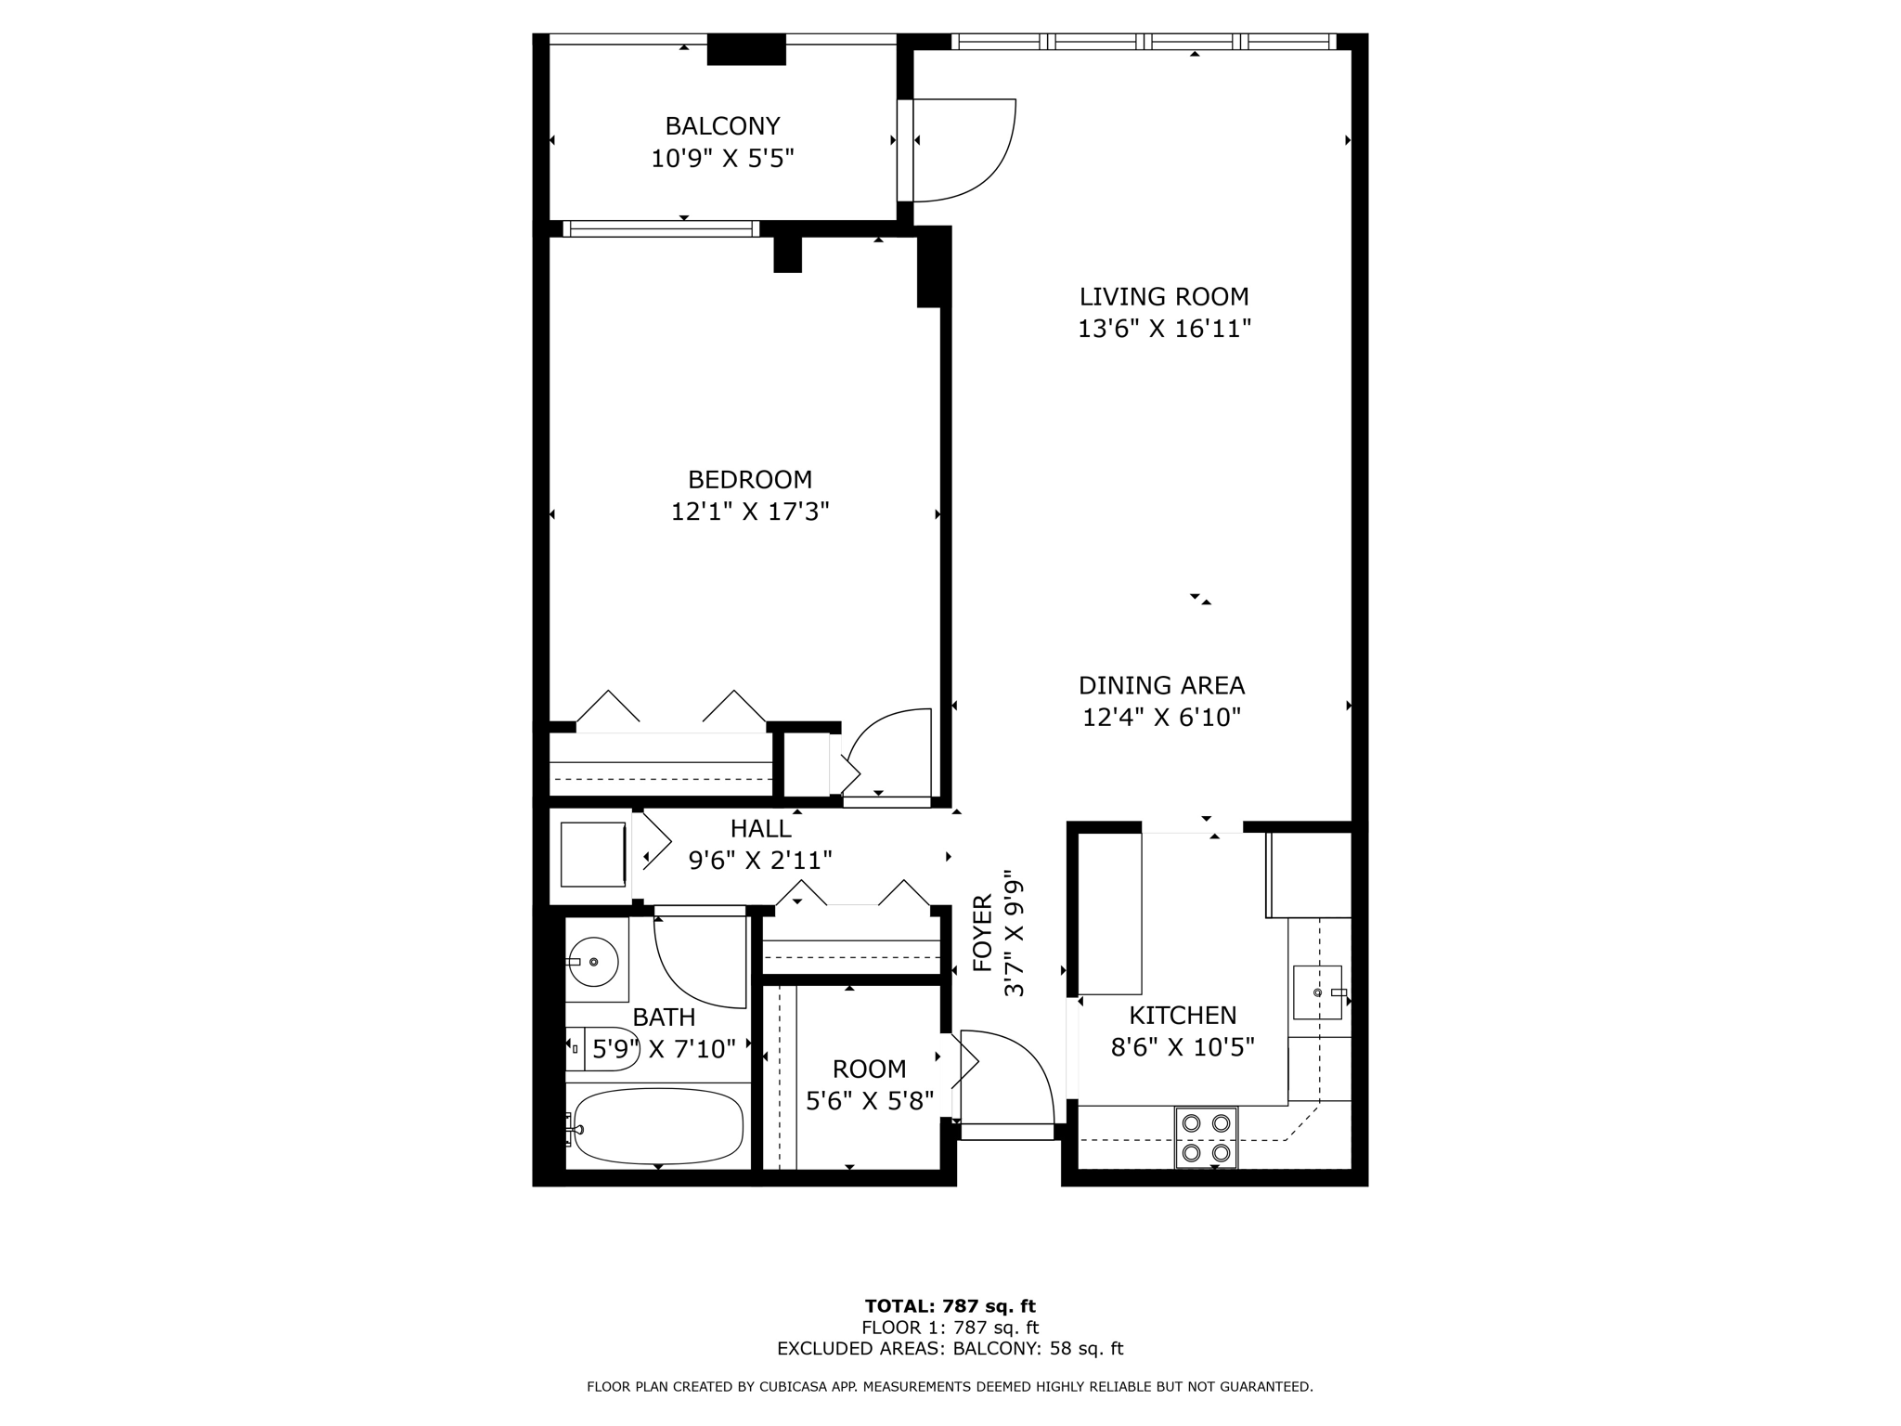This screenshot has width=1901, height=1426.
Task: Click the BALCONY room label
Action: tap(722, 125)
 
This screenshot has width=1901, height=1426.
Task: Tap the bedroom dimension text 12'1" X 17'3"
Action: tap(750, 512)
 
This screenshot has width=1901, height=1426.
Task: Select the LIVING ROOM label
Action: tap(1164, 297)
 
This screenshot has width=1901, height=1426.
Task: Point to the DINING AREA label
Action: tap(1161, 686)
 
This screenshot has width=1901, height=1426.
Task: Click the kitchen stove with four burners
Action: tap(1207, 1137)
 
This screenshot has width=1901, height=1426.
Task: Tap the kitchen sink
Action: tap(1318, 992)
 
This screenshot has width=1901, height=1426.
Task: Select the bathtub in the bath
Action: tap(658, 1126)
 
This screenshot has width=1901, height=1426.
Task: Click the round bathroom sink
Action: tap(594, 962)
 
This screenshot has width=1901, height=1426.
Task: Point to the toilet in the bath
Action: tap(601, 1049)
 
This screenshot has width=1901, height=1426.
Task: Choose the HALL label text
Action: tap(760, 829)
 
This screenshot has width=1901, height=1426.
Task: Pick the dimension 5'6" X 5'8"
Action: tap(870, 1102)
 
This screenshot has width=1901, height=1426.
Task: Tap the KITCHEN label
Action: tap(1183, 1016)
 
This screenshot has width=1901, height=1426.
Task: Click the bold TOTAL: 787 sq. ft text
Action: tap(950, 1307)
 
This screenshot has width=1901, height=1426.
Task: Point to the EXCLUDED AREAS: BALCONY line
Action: tap(950, 1349)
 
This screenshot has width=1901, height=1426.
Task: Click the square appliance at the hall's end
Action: tap(593, 854)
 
